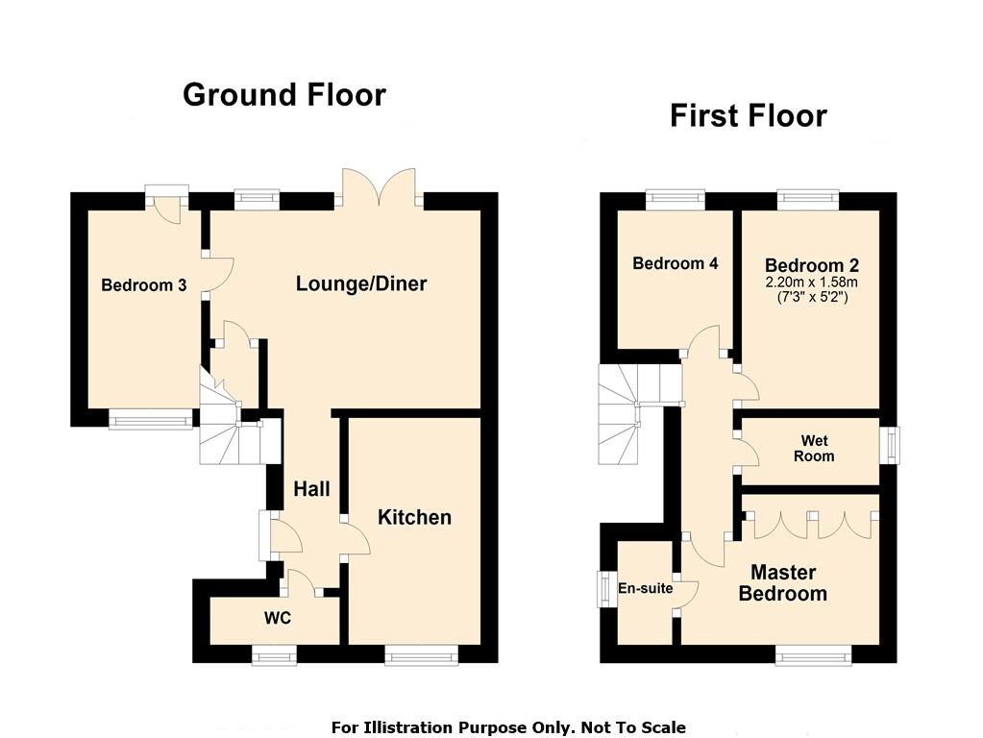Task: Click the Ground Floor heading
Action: (x=284, y=95)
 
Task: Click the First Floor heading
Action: (x=749, y=116)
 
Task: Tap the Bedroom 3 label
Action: (x=143, y=285)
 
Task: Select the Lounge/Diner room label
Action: (x=361, y=283)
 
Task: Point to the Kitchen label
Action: (x=414, y=517)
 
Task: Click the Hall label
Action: (x=311, y=489)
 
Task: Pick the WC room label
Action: (x=277, y=618)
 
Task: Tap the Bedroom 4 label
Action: (x=676, y=263)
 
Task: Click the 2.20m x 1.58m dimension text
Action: (x=812, y=283)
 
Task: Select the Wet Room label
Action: (x=814, y=449)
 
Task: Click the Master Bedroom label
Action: (x=783, y=582)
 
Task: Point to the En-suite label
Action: (x=645, y=588)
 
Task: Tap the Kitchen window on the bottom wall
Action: (x=421, y=656)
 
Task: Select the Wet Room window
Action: (x=889, y=446)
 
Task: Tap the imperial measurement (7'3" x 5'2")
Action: (x=812, y=297)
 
